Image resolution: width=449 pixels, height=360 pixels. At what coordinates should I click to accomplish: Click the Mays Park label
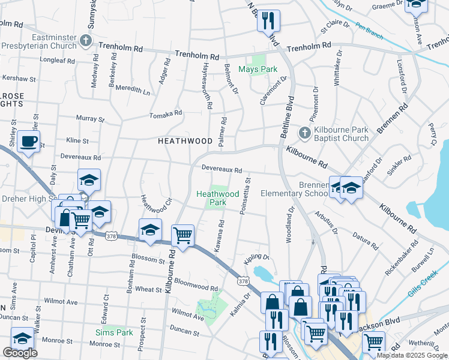(258, 69)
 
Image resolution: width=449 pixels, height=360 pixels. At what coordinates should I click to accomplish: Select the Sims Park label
(114, 332)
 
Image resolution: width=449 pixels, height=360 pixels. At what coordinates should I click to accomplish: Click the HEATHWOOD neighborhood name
(185, 141)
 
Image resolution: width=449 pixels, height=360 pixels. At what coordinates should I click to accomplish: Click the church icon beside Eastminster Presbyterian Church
(85, 41)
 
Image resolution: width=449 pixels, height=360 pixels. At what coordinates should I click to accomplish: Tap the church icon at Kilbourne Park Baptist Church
(304, 133)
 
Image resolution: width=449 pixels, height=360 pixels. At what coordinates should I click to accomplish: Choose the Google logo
(20, 353)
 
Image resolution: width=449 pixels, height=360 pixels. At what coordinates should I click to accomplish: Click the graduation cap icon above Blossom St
(150, 230)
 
